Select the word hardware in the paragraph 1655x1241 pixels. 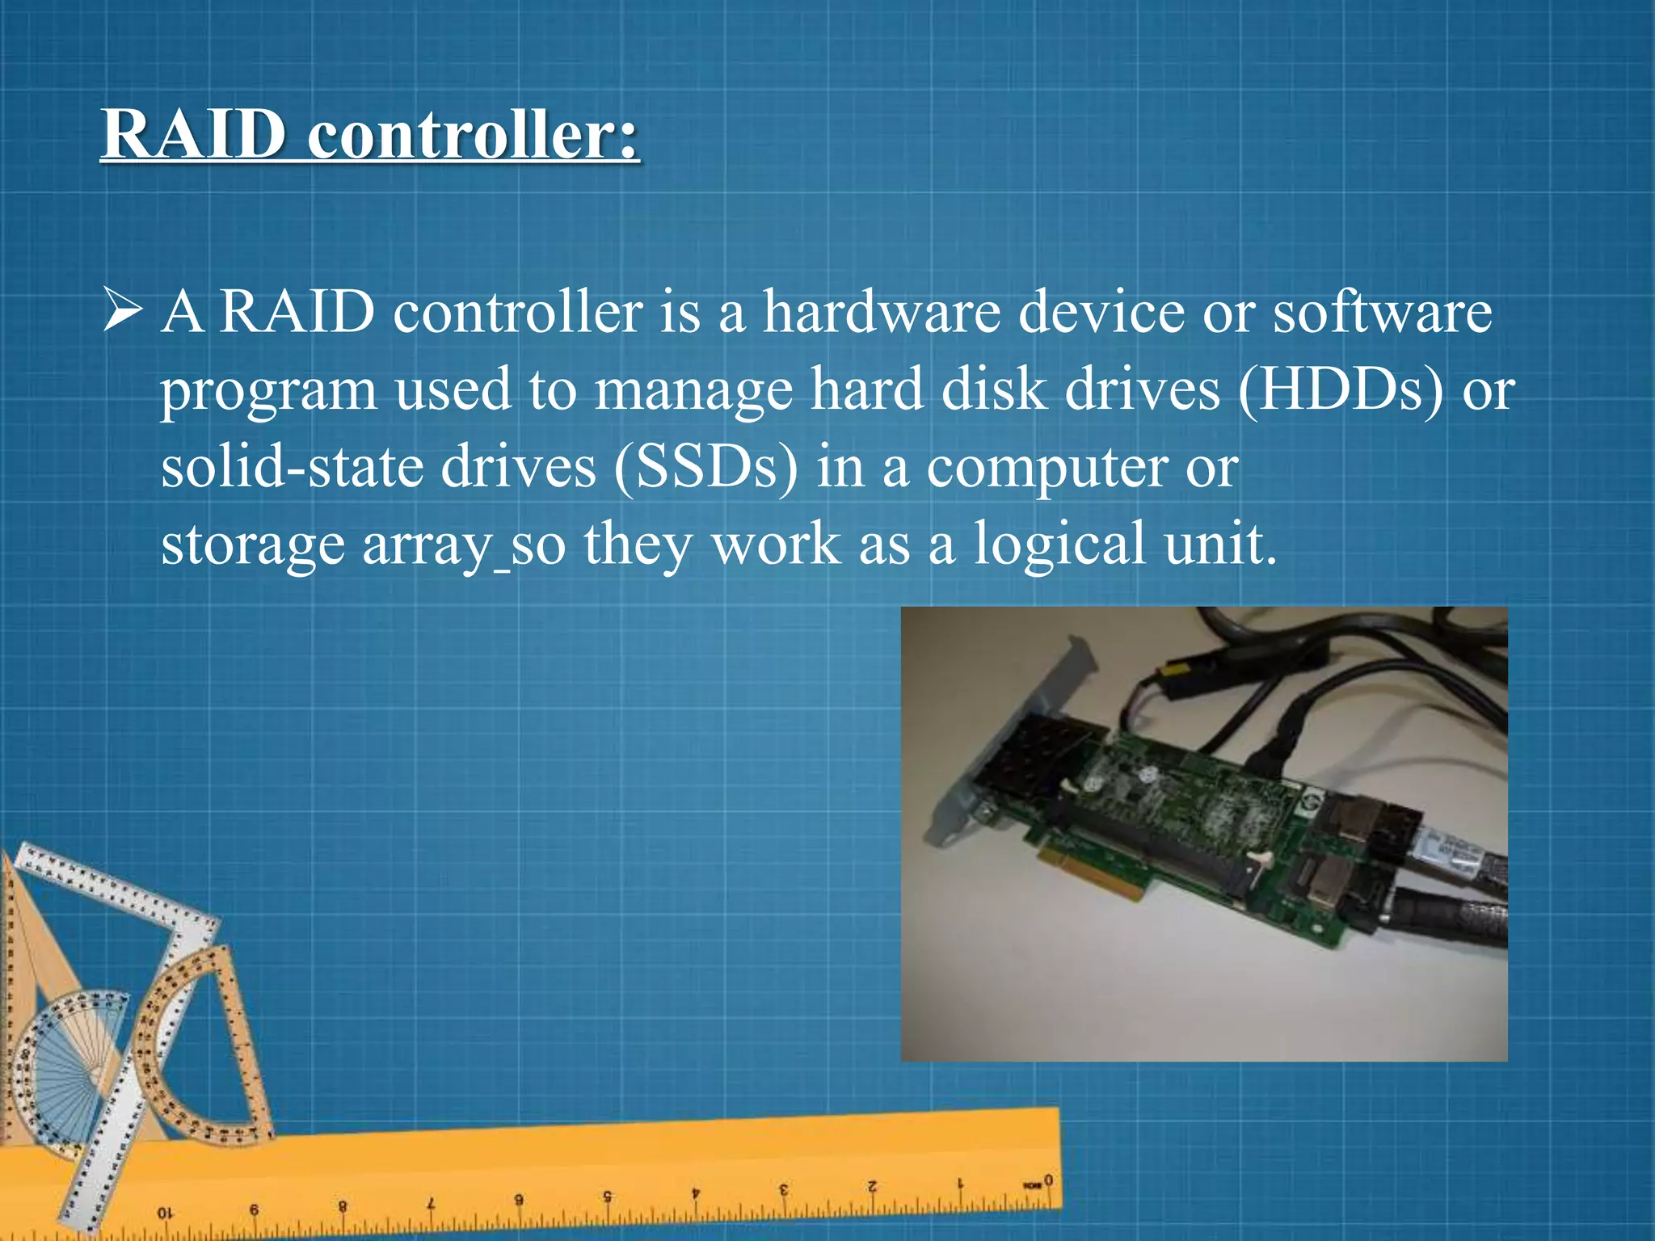[882, 313]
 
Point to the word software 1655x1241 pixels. [1382, 313]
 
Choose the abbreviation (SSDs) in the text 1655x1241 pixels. [705, 468]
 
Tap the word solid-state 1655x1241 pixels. [292, 468]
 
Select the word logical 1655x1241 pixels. [1059, 545]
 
